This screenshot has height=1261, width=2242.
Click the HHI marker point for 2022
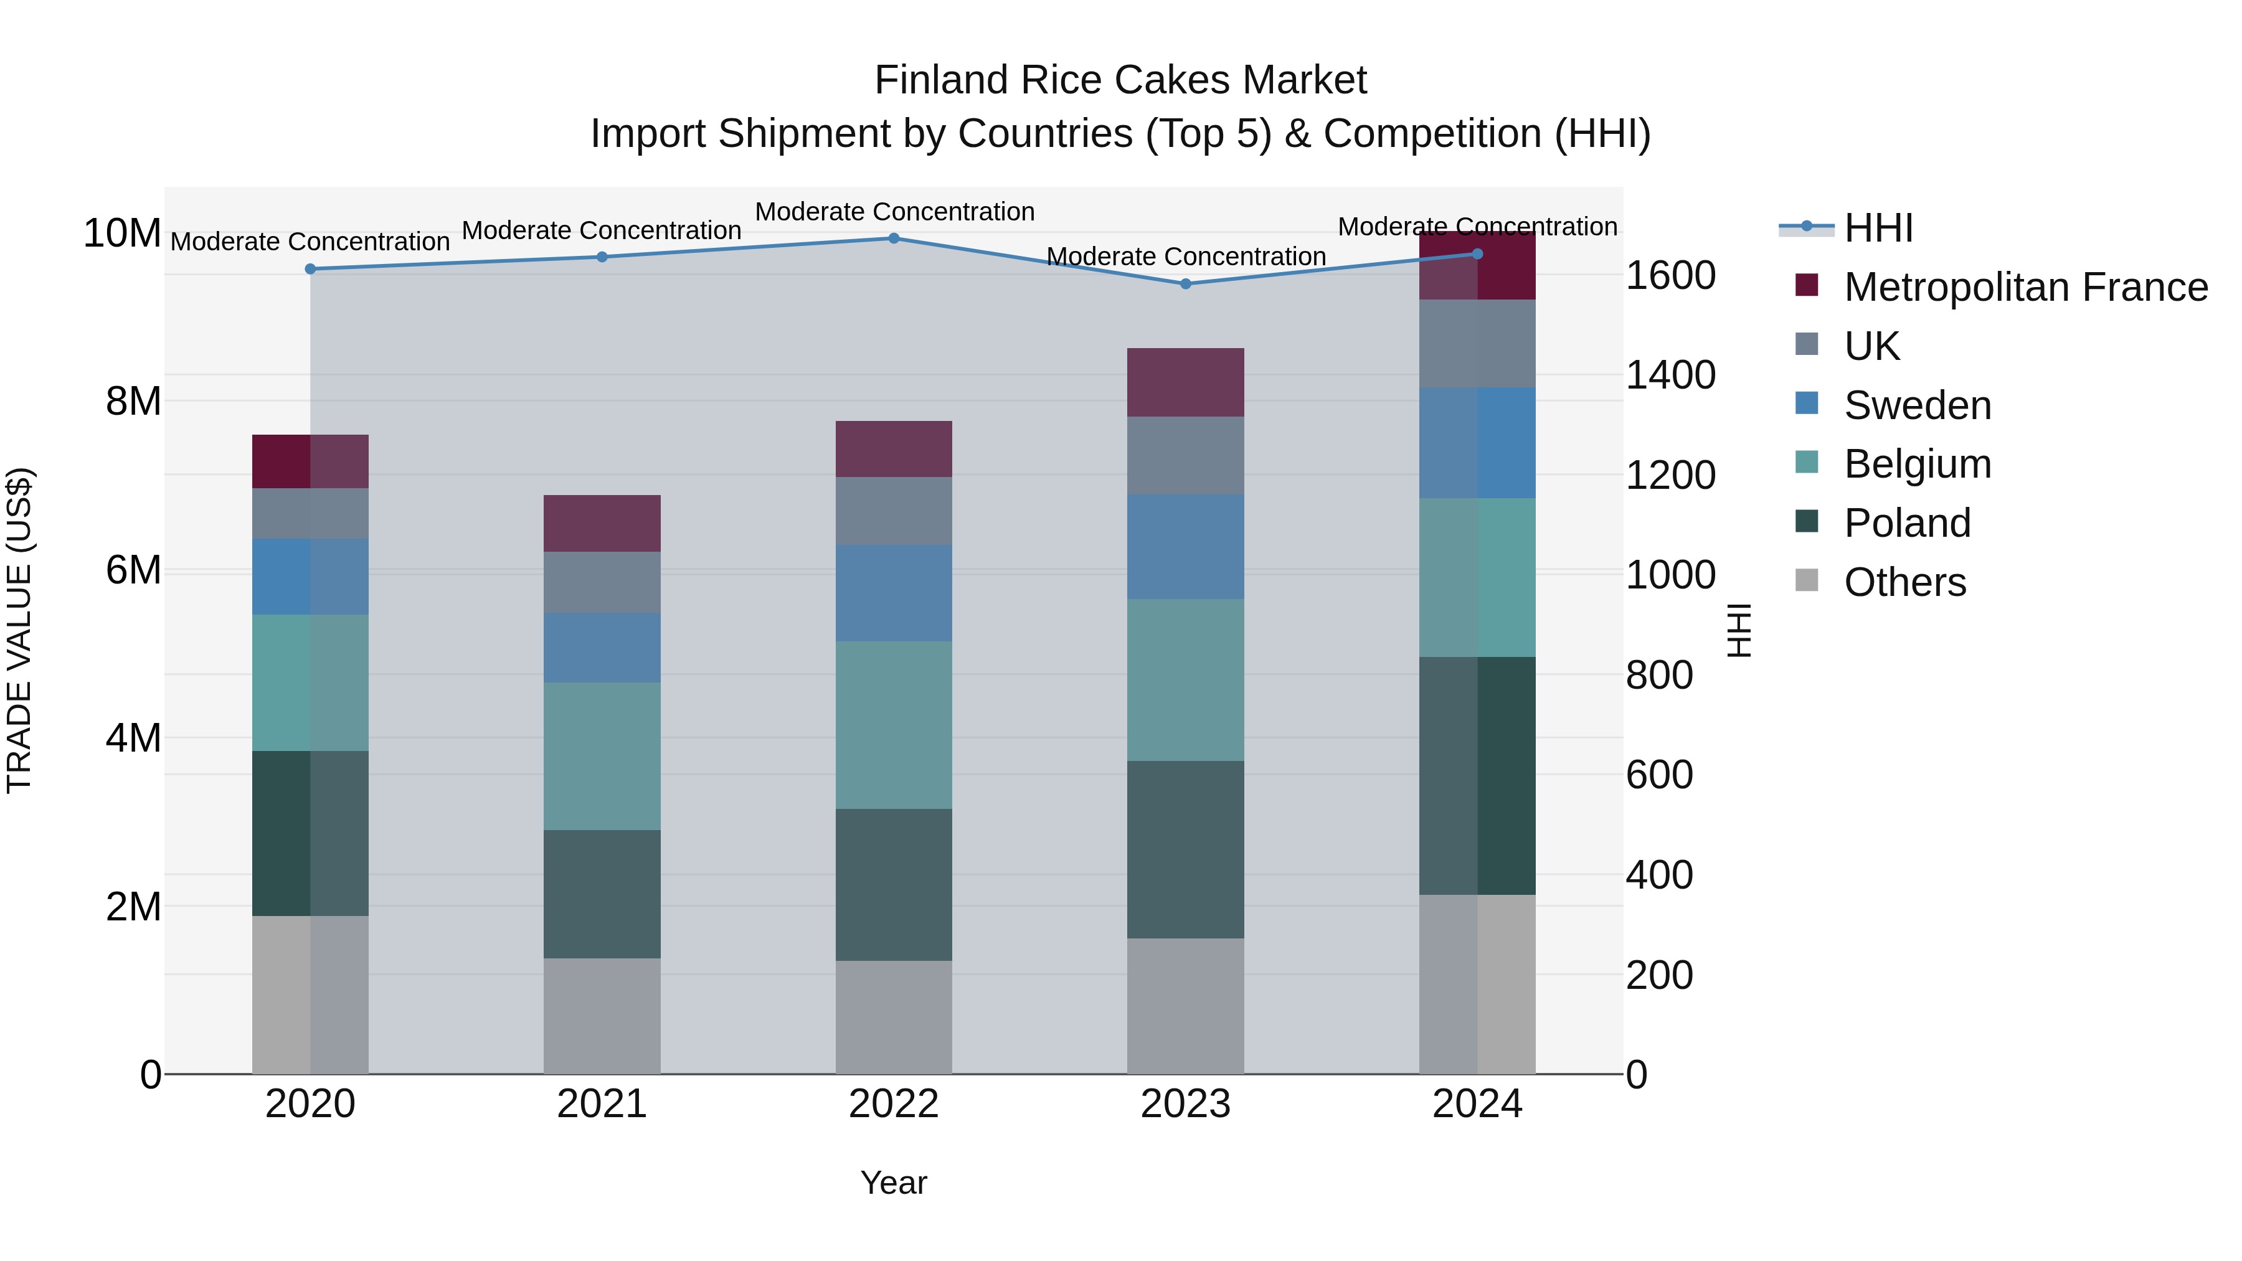coord(894,239)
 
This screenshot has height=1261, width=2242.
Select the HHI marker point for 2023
coord(1185,284)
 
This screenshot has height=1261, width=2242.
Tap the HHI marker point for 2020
coord(310,269)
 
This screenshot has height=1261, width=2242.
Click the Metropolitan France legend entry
coord(2025,287)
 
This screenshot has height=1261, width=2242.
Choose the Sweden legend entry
coord(1918,405)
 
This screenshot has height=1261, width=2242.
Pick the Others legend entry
coord(1904,582)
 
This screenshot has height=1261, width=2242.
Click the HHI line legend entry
coord(1878,228)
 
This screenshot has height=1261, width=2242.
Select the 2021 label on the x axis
coord(602,1104)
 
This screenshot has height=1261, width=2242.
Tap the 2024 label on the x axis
coord(1477,1104)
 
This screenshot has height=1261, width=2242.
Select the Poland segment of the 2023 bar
coord(1185,849)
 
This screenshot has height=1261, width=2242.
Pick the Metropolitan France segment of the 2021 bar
coord(602,523)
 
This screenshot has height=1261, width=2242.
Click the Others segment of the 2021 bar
coord(602,1016)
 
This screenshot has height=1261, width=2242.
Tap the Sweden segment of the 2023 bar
coord(1185,547)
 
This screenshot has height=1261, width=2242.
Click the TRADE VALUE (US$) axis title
coord(19,630)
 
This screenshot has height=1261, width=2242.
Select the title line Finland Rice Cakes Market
coord(1120,80)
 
